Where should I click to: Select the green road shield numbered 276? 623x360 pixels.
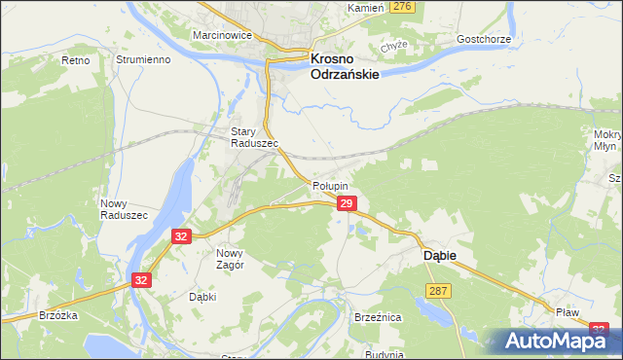[x=402, y=7]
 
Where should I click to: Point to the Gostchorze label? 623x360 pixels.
[x=484, y=40]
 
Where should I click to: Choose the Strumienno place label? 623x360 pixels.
[x=143, y=59]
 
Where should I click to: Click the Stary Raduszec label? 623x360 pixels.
[x=254, y=137]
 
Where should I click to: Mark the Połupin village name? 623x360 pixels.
[x=331, y=185]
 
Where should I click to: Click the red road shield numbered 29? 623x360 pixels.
[x=347, y=203]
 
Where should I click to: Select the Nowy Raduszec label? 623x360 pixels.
[x=124, y=208]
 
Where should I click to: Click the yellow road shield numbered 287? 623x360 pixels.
[x=437, y=291]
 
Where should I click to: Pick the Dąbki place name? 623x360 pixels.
[x=202, y=297]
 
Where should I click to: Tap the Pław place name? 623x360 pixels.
[x=568, y=312]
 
